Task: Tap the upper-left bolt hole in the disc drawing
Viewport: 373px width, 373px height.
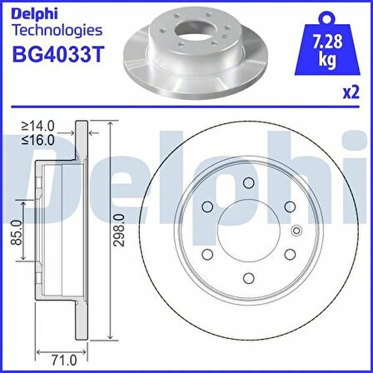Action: (206, 207)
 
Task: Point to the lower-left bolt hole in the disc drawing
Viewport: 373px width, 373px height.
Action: (206, 256)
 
